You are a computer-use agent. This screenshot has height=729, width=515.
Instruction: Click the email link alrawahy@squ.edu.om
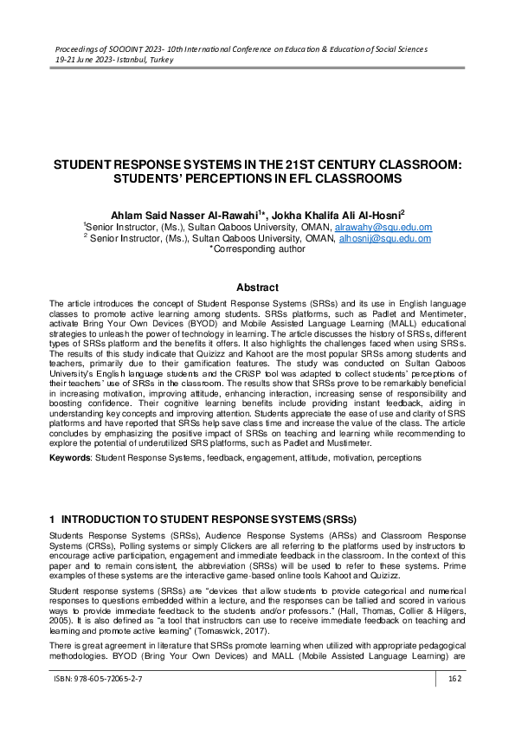(x=383, y=228)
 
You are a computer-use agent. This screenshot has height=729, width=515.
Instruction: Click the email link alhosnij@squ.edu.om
(x=384, y=238)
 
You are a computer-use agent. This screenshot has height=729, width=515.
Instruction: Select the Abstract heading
(x=257, y=287)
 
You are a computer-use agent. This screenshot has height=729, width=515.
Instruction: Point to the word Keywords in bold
(x=69, y=456)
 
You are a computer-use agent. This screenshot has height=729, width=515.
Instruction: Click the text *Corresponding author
(x=257, y=248)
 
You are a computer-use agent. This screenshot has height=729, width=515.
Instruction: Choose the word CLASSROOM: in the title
(x=414, y=165)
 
